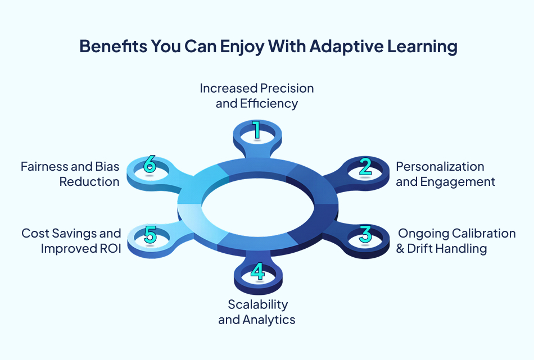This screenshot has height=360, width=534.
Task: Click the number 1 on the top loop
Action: tap(256, 130)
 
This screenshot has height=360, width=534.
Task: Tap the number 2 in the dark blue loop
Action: tap(365, 167)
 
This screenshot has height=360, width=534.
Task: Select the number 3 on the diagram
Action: tap(365, 233)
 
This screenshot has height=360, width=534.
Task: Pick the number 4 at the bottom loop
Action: tap(257, 272)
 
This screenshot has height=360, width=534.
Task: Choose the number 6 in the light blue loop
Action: tap(149, 165)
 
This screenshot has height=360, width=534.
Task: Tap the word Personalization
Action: tap(440, 167)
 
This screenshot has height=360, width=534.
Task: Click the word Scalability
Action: tap(258, 304)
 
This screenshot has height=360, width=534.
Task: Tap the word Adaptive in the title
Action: tap(333, 47)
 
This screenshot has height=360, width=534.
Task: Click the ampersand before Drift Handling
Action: tap(400, 248)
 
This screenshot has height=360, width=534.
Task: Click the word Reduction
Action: tap(90, 182)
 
